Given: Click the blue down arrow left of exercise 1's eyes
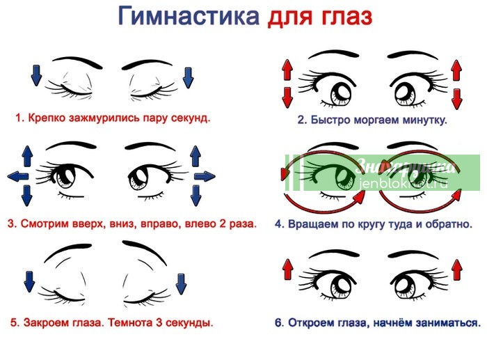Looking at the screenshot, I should [37, 75].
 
